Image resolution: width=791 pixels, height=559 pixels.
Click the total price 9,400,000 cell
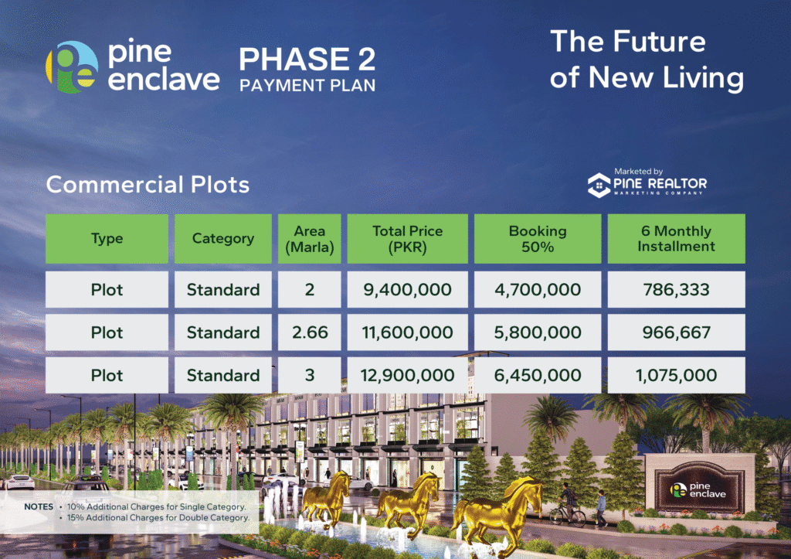pyautogui.click(x=407, y=289)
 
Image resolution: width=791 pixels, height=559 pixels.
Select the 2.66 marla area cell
pyautogui.click(x=309, y=332)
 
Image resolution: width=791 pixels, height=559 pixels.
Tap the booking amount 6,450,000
pyautogui.click(x=538, y=375)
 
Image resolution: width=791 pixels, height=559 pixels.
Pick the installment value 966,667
pyautogui.click(x=676, y=332)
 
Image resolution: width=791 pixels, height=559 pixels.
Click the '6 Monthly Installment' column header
pyautogui.click(x=676, y=238)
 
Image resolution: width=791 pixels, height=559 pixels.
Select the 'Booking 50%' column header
pyautogui.click(x=538, y=238)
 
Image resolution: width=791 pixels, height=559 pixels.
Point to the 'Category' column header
pyautogui.click(x=223, y=238)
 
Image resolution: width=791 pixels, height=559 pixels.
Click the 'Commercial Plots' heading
pyautogui.click(x=148, y=185)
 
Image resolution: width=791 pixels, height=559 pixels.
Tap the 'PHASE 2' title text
pyautogui.click(x=307, y=59)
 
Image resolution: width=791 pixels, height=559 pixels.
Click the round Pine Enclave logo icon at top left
pyautogui.click(x=72, y=66)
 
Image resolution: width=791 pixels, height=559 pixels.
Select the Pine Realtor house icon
pyautogui.click(x=599, y=185)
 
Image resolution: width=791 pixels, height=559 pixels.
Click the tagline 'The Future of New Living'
pyautogui.click(x=647, y=60)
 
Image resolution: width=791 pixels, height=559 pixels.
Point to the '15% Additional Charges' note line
pyautogui.click(x=158, y=517)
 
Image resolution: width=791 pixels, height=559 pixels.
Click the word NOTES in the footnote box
pyautogui.click(x=39, y=506)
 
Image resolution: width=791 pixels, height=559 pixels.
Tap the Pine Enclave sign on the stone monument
pyautogui.click(x=699, y=489)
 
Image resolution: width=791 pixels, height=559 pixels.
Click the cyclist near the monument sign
pyautogui.click(x=568, y=505)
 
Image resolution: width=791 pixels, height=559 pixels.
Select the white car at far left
pyautogui.click(x=19, y=482)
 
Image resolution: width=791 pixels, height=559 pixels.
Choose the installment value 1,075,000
pyautogui.click(x=676, y=375)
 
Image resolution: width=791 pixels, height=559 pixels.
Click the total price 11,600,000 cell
pyautogui.click(x=407, y=332)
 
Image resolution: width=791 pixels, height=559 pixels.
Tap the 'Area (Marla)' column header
pyautogui.click(x=309, y=238)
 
